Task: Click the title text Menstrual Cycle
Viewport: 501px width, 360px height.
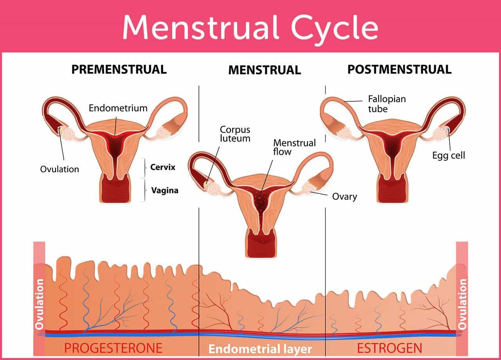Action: (250, 27)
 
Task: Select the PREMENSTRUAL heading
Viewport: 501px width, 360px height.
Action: (119, 69)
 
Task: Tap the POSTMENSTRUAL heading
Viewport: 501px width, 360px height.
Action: (399, 69)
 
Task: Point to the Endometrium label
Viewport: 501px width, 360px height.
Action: (118, 108)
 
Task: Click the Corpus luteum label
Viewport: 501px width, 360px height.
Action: (235, 134)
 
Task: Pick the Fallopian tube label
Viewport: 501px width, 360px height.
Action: (387, 103)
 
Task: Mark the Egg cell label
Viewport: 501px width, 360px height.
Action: (449, 155)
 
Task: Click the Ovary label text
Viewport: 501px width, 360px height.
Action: (344, 196)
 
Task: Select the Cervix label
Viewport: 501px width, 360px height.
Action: (163, 167)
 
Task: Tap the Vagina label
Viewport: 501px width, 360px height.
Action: (165, 191)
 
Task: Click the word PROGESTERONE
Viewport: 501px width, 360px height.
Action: (113, 348)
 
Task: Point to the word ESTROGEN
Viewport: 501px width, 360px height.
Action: (390, 348)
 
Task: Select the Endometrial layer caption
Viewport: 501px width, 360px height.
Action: (260, 349)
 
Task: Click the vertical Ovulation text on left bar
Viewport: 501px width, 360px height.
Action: (39, 304)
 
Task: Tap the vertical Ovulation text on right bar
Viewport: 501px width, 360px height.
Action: (462, 304)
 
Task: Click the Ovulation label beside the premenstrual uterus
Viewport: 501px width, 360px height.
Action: (59, 169)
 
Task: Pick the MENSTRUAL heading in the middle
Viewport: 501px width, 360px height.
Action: (265, 70)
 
